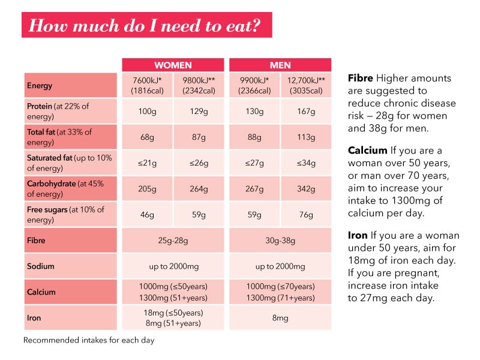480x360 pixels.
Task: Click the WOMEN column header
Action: coord(173,65)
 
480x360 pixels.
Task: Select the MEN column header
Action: coord(280,65)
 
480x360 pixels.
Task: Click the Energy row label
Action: coord(70,86)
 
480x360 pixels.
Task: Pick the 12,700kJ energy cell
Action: coord(306,86)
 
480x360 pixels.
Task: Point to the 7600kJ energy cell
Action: coord(146,86)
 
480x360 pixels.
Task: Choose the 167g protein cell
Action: coord(306,112)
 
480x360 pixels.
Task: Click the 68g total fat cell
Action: coord(146,137)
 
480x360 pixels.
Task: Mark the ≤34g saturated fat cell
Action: coord(306,163)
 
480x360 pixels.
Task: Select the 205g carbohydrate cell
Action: coord(146,189)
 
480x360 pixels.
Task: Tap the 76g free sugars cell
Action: coord(306,214)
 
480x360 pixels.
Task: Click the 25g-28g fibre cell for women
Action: coord(173,241)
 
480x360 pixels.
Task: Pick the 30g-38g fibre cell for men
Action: coord(280,241)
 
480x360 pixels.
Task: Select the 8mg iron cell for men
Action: coord(280,317)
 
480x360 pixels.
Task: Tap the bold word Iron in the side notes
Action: coord(358,235)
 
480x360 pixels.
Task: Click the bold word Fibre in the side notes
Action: coord(361,79)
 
